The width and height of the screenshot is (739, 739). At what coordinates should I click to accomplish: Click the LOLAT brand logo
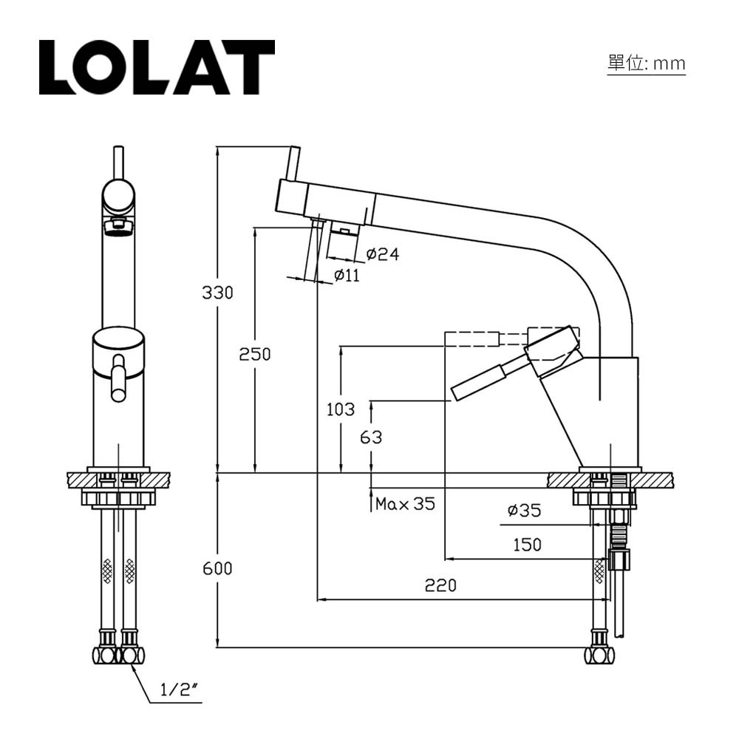coord(157,67)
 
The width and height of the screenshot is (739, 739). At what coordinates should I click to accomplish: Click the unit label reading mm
coord(647,64)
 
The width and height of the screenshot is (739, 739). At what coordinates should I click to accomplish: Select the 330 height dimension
coord(217,293)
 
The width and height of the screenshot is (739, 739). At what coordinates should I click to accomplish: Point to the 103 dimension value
coord(340,409)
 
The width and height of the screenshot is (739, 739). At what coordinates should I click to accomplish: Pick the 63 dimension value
coord(371,437)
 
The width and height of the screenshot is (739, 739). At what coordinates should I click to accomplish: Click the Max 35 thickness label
coord(405,505)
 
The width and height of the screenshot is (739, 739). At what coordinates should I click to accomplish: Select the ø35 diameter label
coord(524,510)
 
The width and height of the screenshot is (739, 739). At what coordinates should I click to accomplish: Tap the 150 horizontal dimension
coord(527,545)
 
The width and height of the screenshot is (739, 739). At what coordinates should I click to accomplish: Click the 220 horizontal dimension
coord(440,586)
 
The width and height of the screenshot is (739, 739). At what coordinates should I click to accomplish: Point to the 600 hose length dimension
coord(217,568)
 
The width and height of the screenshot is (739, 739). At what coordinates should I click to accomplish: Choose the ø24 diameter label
coord(382,254)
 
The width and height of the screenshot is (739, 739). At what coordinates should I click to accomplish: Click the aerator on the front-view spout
coord(118,225)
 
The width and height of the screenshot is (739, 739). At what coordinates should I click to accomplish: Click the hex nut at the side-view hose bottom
coord(599,655)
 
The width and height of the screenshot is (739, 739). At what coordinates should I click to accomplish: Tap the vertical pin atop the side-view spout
coord(293,163)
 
